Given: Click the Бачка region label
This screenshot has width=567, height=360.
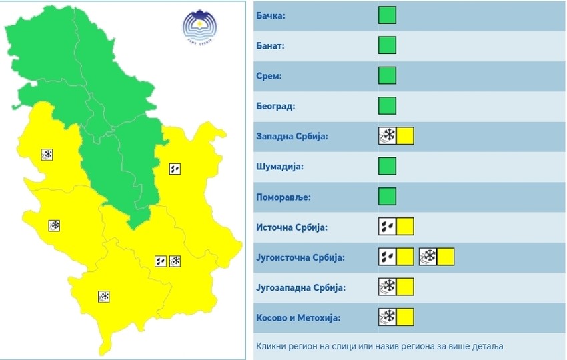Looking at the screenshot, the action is click(x=269, y=15).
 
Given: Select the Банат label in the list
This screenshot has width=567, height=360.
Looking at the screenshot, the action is click(x=270, y=46).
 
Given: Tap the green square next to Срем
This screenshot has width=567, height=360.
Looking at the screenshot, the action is click(x=387, y=75).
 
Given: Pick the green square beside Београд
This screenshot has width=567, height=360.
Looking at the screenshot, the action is click(x=387, y=105).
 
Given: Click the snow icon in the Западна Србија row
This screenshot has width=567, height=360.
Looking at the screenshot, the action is click(x=387, y=136).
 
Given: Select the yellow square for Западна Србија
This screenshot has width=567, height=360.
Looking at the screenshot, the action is click(x=405, y=136).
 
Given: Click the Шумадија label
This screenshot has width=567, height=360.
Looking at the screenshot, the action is click(x=279, y=167).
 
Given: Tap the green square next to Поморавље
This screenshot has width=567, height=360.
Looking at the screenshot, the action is click(x=387, y=196).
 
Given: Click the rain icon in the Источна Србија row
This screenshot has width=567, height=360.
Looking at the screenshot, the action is click(x=387, y=227).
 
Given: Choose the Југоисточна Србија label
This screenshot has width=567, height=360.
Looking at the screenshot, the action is click(x=300, y=257).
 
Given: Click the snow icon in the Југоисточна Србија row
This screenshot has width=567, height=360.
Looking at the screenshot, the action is click(x=428, y=257).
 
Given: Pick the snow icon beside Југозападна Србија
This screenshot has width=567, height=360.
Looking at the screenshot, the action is click(x=387, y=287).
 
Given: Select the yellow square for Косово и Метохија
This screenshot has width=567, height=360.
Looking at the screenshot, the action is click(x=405, y=317).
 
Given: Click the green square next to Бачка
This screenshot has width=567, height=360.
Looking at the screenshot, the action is click(x=387, y=15).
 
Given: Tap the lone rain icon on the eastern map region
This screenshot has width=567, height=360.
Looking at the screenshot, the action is click(x=175, y=169).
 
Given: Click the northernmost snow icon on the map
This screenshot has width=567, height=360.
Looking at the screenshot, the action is click(x=47, y=155).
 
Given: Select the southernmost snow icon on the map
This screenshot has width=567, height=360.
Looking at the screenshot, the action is click(x=104, y=296).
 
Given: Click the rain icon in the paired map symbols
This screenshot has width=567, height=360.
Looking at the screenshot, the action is click(x=161, y=261).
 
